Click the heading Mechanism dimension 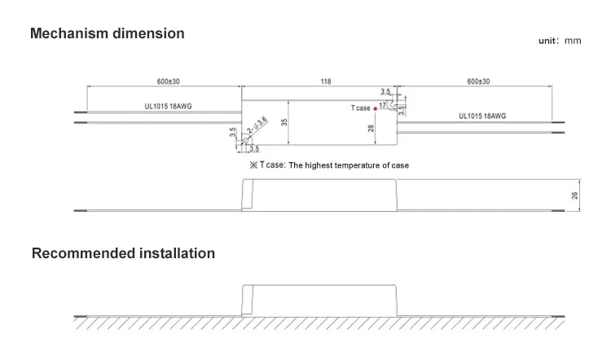107,33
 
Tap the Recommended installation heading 123,253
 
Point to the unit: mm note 560,41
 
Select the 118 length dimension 326,81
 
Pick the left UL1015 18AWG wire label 159,105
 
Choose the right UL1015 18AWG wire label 482,116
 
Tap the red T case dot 376,108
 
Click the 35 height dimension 284,122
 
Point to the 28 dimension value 371,128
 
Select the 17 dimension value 383,105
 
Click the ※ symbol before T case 253,165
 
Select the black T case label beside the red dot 360,108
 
